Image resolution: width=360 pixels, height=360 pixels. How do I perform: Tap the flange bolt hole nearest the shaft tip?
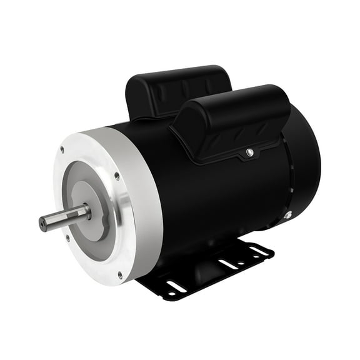67,237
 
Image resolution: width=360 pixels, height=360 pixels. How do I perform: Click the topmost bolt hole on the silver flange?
62,149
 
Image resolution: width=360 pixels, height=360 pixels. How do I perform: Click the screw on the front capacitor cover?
249,152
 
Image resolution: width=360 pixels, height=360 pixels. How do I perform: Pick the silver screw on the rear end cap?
287,215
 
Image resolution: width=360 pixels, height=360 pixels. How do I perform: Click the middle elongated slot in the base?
228,264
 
